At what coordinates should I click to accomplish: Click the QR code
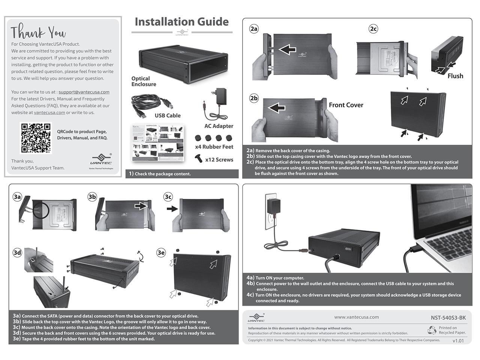[x=36, y=138]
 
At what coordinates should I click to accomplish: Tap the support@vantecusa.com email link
[x=84, y=92]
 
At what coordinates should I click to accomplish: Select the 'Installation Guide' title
[x=181, y=22]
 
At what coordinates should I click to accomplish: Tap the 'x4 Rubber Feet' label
[x=214, y=147]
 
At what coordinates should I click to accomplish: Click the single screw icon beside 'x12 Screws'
[x=199, y=159]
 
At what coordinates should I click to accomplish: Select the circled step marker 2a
[x=254, y=29]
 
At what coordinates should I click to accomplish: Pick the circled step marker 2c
[x=373, y=29]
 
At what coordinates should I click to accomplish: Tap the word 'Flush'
[x=455, y=76]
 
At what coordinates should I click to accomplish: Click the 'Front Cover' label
[x=346, y=105]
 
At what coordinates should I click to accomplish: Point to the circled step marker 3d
[x=17, y=252]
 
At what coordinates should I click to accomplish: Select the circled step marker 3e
[x=161, y=252]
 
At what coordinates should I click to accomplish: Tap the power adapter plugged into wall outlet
[x=273, y=207]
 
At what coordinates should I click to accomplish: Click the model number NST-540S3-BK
[x=448, y=318]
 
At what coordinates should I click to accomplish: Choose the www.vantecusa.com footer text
[x=356, y=317]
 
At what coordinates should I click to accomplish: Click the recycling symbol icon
[x=432, y=330]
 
